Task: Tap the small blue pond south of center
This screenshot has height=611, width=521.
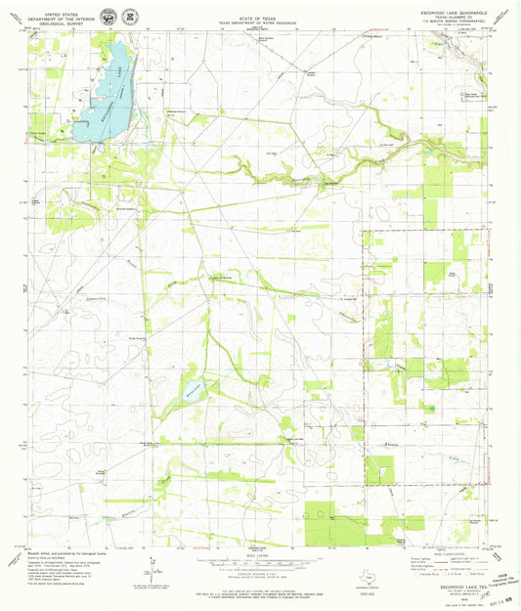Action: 193,394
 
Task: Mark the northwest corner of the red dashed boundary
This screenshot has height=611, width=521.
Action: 364,232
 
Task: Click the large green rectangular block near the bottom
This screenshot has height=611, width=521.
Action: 327,524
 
